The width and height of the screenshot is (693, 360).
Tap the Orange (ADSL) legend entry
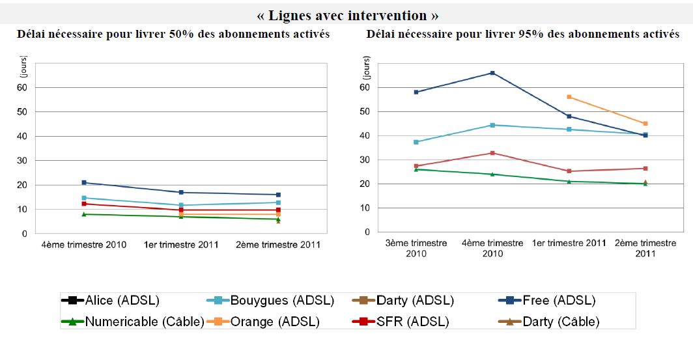point(267,321)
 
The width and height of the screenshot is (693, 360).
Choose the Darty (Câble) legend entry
point(551,321)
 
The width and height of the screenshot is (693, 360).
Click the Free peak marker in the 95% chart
point(492,73)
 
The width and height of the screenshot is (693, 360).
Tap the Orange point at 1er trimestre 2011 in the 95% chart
point(569,97)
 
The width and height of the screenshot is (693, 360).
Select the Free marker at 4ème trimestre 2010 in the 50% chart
point(84,183)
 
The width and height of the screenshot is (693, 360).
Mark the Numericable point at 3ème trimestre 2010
point(416,169)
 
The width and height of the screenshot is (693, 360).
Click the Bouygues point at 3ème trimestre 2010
point(416,142)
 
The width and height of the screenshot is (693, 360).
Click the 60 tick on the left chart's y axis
point(23,87)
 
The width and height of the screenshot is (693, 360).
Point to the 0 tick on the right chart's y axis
point(367,232)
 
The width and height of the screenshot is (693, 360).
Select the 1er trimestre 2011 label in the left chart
point(182,245)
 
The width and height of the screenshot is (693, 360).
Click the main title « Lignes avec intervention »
point(346,15)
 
